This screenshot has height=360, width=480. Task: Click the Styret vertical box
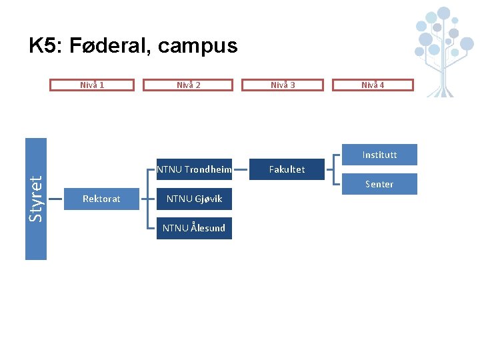coord(36,198)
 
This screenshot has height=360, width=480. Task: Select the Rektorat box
coord(101,199)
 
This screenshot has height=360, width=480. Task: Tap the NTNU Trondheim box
coord(194,169)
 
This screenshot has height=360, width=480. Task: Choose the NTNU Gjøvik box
coord(194,199)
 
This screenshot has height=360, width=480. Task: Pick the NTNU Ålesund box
coord(194,228)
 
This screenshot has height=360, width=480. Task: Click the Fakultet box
coord(287,169)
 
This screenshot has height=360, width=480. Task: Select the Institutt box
coord(379,155)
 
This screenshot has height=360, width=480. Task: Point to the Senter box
coord(379,184)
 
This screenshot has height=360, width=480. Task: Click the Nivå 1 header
coord(92,85)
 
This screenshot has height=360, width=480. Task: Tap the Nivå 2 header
coord(189,85)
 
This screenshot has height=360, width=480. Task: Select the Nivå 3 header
coord(283,85)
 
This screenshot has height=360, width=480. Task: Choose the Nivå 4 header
coord(373,85)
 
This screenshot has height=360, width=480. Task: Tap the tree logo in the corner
coord(443,47)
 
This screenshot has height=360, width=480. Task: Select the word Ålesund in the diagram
coord(207,228)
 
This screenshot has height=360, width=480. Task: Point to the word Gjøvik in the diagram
coord(207,199)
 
